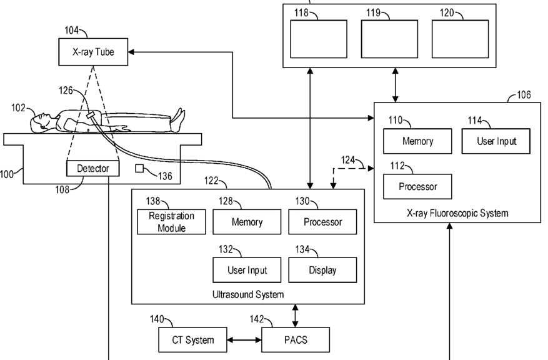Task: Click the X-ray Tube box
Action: pyautogui.click(x=94, y=52)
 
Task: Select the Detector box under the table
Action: pyautogui.click(x=92, y=168)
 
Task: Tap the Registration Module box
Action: pyautogui.click(x=171, y=222)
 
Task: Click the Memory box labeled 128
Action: pyautogui.click(x=247, y=222)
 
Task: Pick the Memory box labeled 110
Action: pyautogui.click(x=417, y=141)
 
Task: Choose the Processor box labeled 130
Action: pyautogui.click(x=322, y=222)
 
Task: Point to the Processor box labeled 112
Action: pyautogui.click(x=417, y=186)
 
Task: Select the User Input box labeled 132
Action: pyautogui.click(x=247, y=270)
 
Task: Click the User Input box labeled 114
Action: pyautogui.click(x=497, y=141)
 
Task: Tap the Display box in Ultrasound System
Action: pyautogui.click(x=322, y=270)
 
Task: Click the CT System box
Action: pyautogui.click(x=192, y=340)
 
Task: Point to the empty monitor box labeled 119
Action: pyautogui.click(x=389, y=39)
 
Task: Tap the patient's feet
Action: pyautogui.click(x=179, y=117)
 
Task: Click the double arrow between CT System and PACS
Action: pyautogui.click(x=245, y=340)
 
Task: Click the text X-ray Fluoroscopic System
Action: pyautogui.click(x=457, y=213)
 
